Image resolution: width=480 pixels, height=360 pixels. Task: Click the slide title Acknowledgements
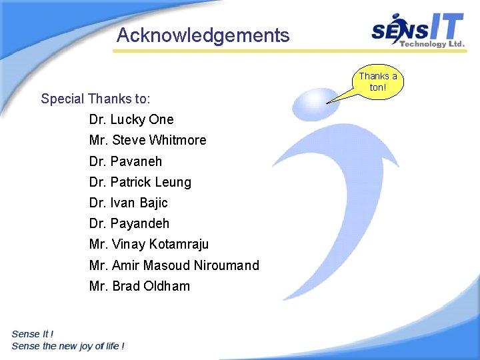click(203, 35)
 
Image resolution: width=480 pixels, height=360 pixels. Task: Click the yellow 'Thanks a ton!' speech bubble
click(377, 82)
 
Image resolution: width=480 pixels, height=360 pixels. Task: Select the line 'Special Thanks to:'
click(95, 99)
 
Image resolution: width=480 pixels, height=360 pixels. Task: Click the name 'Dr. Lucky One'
click(131, 120)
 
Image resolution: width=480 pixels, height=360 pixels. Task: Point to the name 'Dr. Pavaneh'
click(125, 161)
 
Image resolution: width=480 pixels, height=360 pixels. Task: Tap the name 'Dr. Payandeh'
click(129, 223)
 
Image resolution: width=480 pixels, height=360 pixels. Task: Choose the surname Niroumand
click(226, 265)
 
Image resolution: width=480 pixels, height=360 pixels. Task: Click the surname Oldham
click(167, 286)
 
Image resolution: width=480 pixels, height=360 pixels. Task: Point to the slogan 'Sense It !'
click(33, 334)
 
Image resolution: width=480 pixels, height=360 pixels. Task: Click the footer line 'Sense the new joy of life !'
click(68, 346)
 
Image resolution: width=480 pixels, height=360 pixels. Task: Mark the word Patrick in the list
click(131, 182)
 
